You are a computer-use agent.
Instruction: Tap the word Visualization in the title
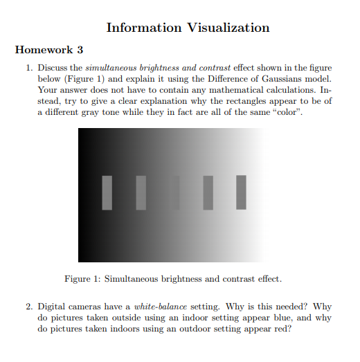(228, 28)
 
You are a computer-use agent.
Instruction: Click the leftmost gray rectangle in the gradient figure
(107, 192)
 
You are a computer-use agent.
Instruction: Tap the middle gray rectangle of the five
(174, 192)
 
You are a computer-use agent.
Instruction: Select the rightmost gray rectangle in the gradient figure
(241, 192)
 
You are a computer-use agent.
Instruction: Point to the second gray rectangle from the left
(141, 192)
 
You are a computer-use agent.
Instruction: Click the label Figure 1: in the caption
(82, 279)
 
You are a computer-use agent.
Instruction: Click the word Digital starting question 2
(51, 306)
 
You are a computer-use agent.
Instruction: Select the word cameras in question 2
(86, 306)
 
